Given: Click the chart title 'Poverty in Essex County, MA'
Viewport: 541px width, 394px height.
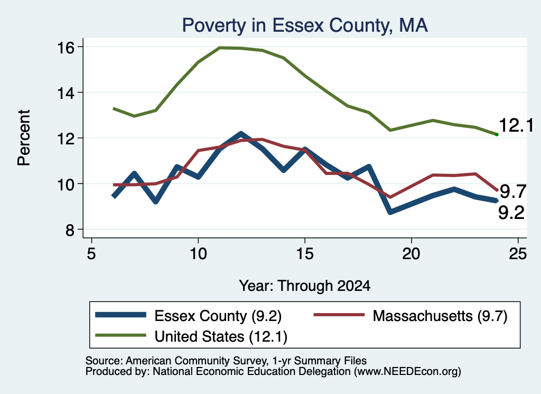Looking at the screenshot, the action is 305,25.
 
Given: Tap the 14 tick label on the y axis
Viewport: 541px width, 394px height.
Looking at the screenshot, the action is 66,93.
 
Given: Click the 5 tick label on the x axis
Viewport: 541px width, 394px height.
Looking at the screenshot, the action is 91,254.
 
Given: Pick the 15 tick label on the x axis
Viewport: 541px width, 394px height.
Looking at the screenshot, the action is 305,254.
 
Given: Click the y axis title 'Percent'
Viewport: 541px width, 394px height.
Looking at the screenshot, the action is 24,138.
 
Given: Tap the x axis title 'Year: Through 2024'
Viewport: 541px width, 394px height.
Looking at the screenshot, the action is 305,286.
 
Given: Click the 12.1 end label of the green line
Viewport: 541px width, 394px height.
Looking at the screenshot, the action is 516,125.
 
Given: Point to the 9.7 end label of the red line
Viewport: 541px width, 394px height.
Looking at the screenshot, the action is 513,191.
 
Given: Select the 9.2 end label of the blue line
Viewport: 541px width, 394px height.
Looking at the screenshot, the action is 511,213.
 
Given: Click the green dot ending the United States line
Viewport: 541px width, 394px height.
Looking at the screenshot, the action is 497,134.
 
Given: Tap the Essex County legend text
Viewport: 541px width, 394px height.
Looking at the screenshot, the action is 218,316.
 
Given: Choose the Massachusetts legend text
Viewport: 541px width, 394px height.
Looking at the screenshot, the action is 440,316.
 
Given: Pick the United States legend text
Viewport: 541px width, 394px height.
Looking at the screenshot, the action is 221,337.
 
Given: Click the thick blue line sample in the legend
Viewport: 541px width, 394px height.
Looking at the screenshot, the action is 121,315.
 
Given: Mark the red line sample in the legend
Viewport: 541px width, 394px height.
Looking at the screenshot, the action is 339,315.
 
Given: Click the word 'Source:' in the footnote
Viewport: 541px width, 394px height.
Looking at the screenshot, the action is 104,361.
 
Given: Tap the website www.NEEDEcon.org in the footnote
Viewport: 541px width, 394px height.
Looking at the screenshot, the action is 407,372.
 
